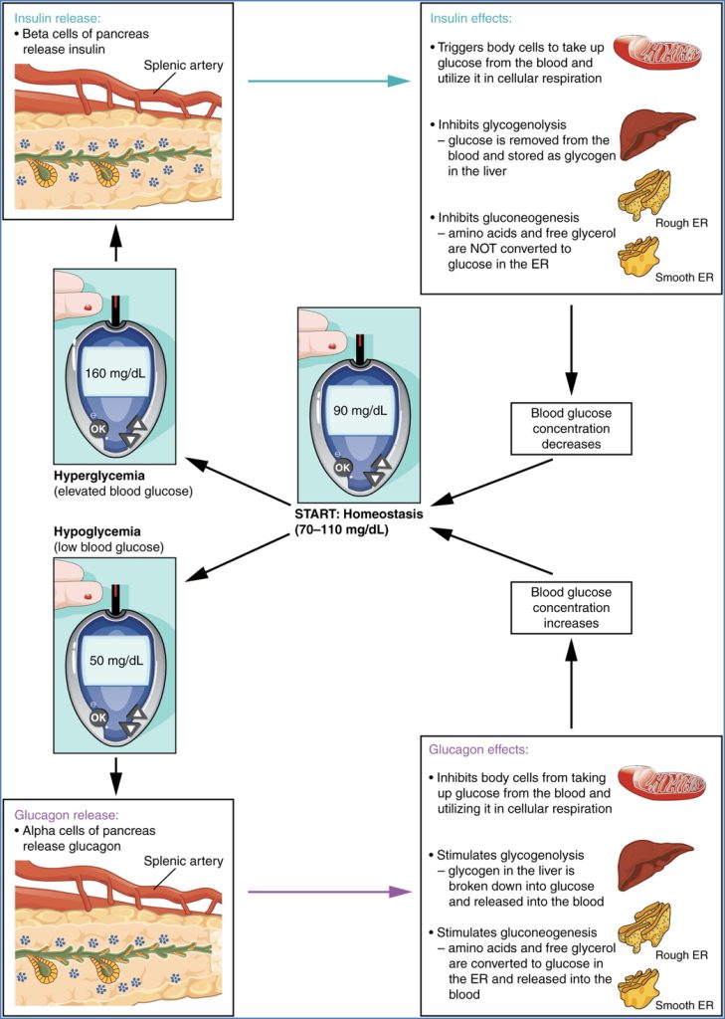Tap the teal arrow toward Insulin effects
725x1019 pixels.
coord(328,80)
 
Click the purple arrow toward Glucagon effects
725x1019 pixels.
coord(329,891)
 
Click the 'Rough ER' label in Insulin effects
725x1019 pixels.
coord(681,223)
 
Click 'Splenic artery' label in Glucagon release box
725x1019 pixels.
coord(184,861)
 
